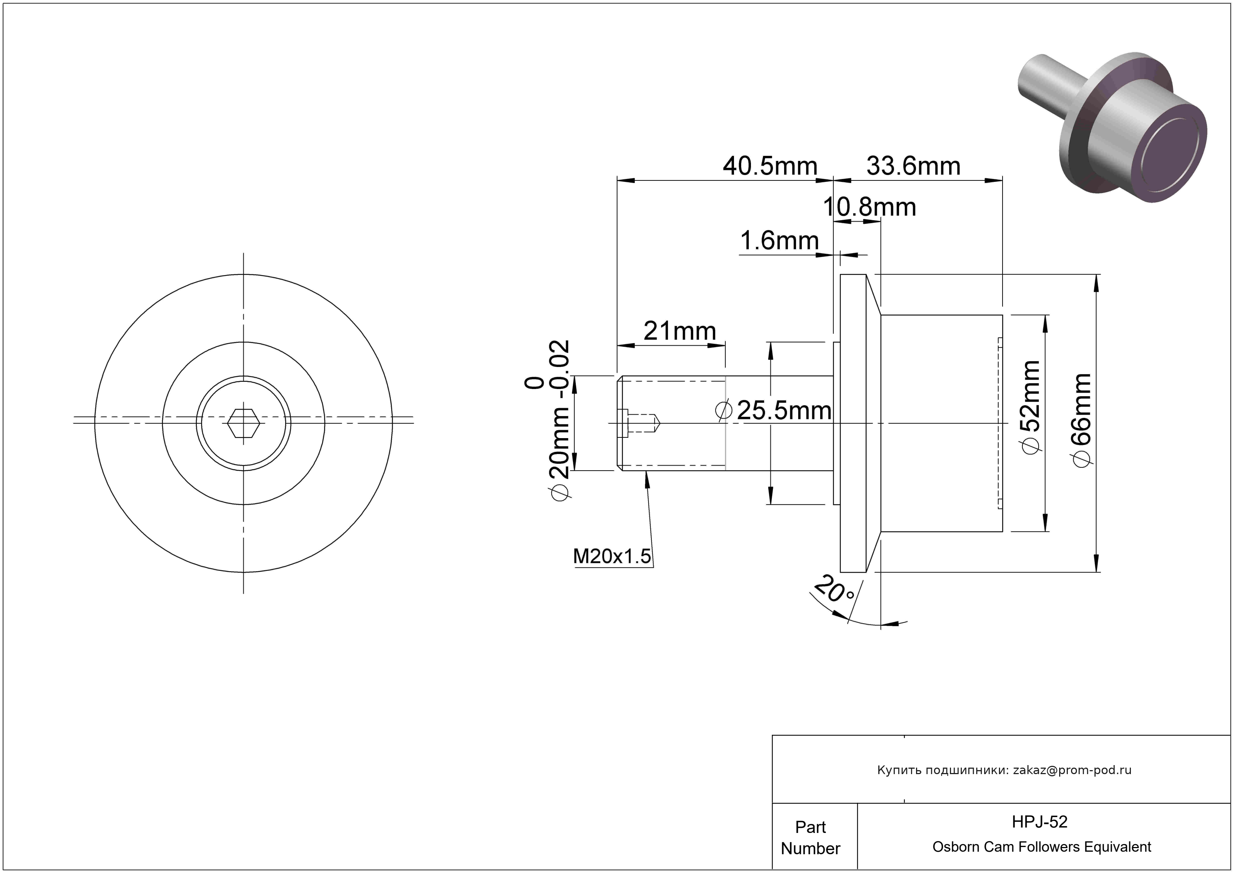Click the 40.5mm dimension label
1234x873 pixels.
pyautogui.click(x=770, y=166)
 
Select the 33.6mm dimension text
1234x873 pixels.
pyautogui.click(x=913, y=166)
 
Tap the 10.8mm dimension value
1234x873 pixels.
pyautogui.click(x=869, y=207)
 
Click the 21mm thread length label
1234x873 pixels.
pyautogui.click(x=680, y=331)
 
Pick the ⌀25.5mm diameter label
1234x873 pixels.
pyautogui.click(x=774, y=410)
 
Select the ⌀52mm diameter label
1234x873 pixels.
pyautogui.click(x=1031, y=407)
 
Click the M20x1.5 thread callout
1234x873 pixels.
pyautogui.click(x=612, y=556)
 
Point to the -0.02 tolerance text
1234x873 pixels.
pyautogui.click(x=559, y=369)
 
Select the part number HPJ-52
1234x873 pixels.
pyautogui.click(x=1039, y=822)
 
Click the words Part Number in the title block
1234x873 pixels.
pyautogui.click(x=810, y=838)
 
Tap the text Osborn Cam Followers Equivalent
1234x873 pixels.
pyautogui.click(x=1041, y=847)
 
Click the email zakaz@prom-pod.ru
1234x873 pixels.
pyautogui.click(x=1072, y=770)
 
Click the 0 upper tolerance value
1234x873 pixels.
pyautogui.click(x=535, y=383)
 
